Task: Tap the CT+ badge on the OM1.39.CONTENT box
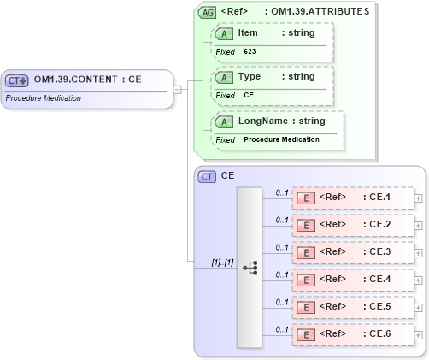point(17,80)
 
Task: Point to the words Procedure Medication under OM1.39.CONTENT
point(43,97)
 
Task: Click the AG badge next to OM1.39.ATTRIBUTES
point(207,12)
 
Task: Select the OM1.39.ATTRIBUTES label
point(321,12)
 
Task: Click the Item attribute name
point(248,33)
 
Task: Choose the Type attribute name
point(250,76)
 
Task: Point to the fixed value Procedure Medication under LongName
point(281,139)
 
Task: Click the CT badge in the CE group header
point(207,176)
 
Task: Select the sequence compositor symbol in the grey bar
point(250,268)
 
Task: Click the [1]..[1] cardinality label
point(222,262)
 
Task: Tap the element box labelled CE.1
point(351,198)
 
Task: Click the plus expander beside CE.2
point(418,225)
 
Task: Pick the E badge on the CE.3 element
point(304,252)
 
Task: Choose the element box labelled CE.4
point(351,280)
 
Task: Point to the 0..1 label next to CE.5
point(281,301)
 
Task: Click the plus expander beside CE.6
point(418,334)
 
